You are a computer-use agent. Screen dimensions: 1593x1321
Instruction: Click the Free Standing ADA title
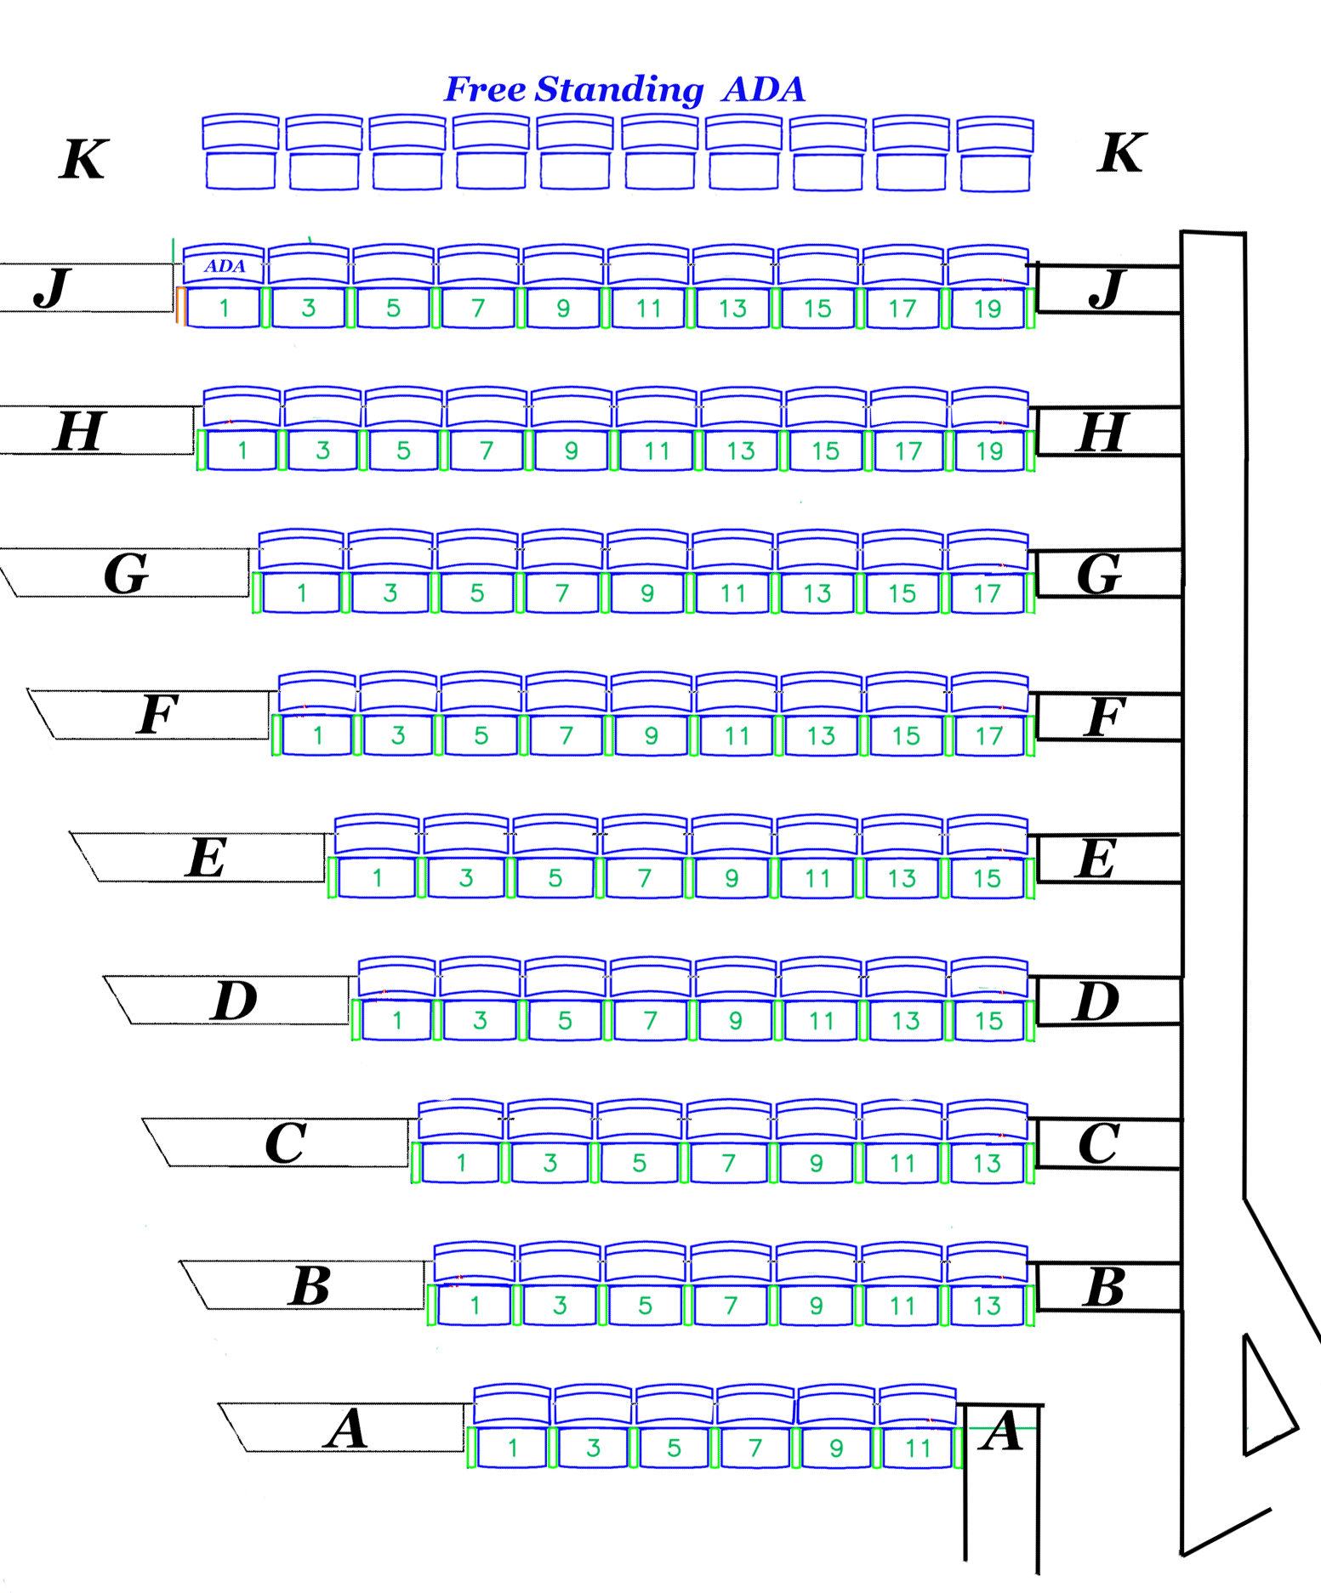click(x=625, y=89)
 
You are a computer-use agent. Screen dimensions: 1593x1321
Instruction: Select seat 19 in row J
click(x=988, y=309)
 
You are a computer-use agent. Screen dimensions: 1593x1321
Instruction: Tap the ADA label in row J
click(x=225, y=266)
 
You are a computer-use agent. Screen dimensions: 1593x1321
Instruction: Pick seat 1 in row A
click(x=513, y=1448)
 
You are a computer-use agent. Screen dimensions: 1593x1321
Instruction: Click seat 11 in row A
click(x=918, y=1448)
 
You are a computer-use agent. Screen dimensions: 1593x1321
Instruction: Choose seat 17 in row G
click(x=988, y=593)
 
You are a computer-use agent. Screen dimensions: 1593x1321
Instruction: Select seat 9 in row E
click(x=732, y=878)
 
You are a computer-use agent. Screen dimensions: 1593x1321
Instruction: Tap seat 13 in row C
click(x=987, y=1163)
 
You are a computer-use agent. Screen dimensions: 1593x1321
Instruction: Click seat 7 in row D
click(x=650, y=1020)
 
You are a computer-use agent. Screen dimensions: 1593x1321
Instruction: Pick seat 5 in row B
click(x=645, y=1305)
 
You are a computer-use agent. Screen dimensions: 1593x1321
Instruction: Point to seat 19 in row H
click(x=989, y=451)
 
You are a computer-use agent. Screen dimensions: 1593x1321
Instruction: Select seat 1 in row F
click(x=317, y=735)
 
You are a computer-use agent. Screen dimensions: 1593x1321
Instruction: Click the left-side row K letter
click(x=83, y=159)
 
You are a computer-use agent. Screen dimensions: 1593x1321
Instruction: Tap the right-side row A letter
click(x=1002, y=1431)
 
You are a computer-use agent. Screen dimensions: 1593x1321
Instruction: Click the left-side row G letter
click(x=126, y=575)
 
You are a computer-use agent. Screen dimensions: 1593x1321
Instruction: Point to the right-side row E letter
click(x=1096, y=859)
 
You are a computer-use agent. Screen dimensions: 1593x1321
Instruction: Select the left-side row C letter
click(x=285, y=1143)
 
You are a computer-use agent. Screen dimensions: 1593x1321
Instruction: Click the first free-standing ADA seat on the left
click(x=241, y=153)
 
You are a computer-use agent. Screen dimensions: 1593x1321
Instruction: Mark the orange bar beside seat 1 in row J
click(x=180, y=306)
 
